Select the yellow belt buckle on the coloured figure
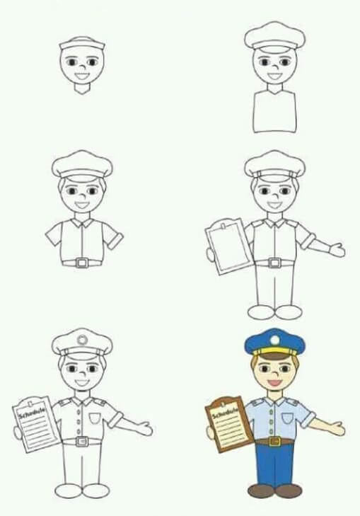(x=274, y=442)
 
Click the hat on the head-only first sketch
(x=82, y=43)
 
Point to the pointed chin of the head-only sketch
(x=82, y=90)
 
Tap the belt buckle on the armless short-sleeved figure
(x=82, y=263)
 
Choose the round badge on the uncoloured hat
(x=82, y=340)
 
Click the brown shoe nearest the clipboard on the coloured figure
(x=260, y=490)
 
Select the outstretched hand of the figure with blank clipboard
(x=337, y=249)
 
